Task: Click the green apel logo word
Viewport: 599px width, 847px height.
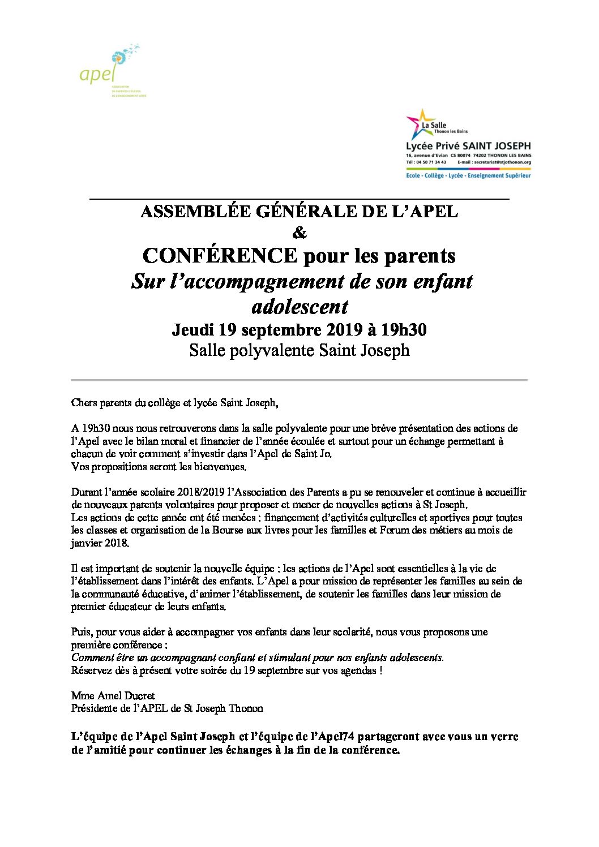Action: [x=97, y=74]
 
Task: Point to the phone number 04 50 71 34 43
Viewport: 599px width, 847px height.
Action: [x=433, y=162]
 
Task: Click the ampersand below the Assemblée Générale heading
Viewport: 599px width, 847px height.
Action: [x=299, y=233]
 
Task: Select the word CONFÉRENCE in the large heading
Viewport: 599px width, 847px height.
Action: [x=220, y=256]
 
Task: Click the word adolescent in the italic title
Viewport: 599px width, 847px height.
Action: [x=299, y=306]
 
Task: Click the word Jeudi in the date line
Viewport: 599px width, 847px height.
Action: [x=192, y=329]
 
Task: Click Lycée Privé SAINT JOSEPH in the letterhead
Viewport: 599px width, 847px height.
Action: [x=468, y=146]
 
